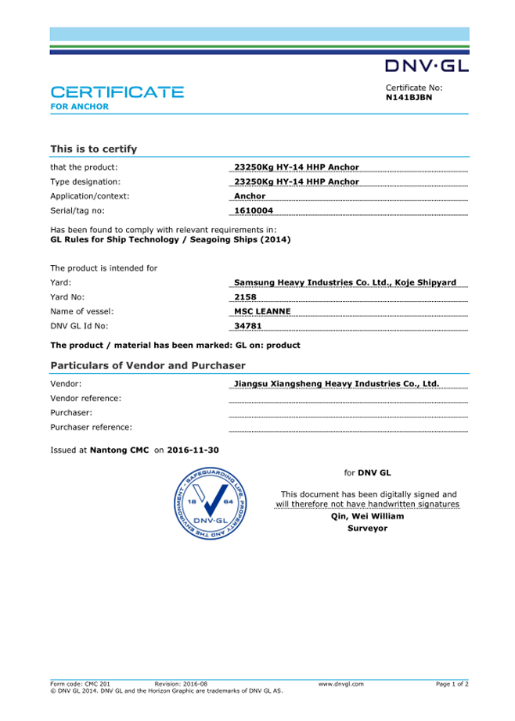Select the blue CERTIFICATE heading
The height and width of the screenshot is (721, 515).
[x=117, y=92]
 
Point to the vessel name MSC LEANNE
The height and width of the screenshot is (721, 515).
[x=263, y=310]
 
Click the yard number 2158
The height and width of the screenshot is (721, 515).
[x=246, y=296]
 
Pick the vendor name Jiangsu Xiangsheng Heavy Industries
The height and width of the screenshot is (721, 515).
[x=337, y=384]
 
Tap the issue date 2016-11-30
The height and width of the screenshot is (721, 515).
[x=193, y=450]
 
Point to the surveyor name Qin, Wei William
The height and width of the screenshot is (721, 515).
[x=367, y=517]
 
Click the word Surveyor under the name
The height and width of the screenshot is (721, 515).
[x=367, y=529]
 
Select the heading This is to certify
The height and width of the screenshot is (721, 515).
[x=94, y=148]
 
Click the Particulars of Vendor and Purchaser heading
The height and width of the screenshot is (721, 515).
[x=148, y=365]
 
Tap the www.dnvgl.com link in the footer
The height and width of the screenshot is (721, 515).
[x=341, y=684]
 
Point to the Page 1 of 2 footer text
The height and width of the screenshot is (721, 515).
[x=452, y=684]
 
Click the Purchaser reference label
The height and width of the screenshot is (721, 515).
[x=91, y=427]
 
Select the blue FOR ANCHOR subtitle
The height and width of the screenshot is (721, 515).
[x=79, y=106]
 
